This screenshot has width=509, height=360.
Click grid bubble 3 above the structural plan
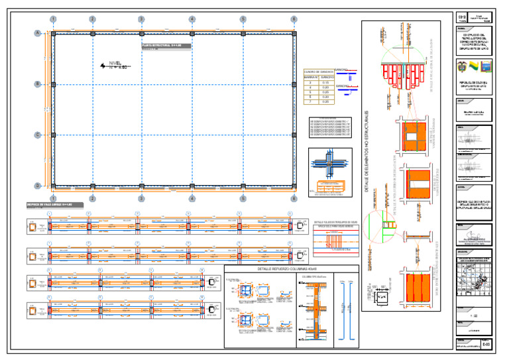point(141,20)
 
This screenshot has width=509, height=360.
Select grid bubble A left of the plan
point(38,32)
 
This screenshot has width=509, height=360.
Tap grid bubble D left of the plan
point(38,186)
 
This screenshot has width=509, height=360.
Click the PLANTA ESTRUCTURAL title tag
point(162,46)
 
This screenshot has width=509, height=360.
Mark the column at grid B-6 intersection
point(294,84)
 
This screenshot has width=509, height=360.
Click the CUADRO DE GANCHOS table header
point(318,71)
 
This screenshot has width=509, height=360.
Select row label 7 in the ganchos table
point(310,101)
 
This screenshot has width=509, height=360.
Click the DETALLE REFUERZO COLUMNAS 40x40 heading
point(292,270)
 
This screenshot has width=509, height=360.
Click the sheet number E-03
point(486,344)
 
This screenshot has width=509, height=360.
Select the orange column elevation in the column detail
point(311,312)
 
